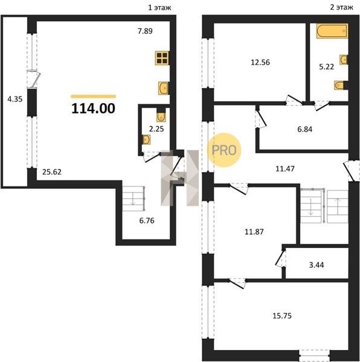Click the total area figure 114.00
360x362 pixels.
[x=93, y=108]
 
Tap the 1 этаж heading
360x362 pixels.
[x=159, y=8]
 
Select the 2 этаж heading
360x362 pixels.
[x=341, y=7]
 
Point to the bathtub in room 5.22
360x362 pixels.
[x=332, y=31]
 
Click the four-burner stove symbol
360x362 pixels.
[x=162, y=58]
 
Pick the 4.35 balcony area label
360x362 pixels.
[x=14, y=100]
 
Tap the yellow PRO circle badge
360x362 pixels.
[x=224, y=150]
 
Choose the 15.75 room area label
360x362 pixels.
[x=282, y=316]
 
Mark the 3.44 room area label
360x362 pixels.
[x=317, y=265]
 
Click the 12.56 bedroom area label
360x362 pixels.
[x=260, y=62]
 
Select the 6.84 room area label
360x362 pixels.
[x=305, y=129]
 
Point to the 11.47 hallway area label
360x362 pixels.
[x=285, y=169]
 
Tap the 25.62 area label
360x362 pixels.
[x=52, y=172]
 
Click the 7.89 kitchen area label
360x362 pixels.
[x=145, y=31]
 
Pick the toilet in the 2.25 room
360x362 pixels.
[x=161, y=115]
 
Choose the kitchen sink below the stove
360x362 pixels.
[x=163, y=88]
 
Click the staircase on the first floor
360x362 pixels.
[x=133, y=198]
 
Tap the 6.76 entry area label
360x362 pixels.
[x=147, y=221]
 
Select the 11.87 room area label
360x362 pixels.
[x=254, y=232]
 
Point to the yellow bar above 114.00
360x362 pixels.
[x=94, y=97]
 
